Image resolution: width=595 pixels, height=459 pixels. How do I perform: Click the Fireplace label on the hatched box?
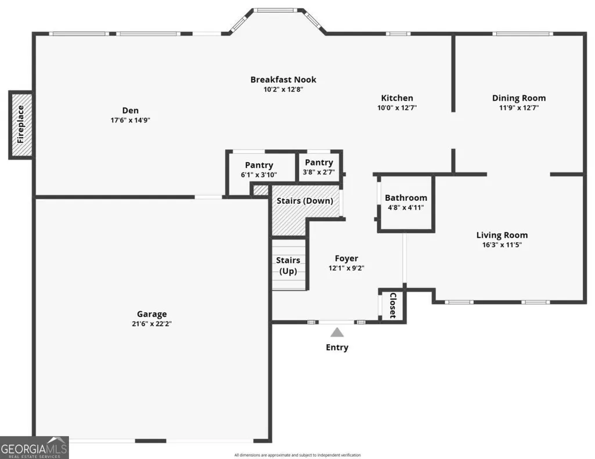pos(21,124)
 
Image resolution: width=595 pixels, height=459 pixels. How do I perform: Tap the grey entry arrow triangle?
pos(337,332)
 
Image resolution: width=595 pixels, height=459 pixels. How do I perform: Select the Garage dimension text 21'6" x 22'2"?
pos(152,324)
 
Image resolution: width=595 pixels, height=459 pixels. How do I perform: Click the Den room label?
pos(130,110)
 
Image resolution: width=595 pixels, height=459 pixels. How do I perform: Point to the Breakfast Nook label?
pos(283,79)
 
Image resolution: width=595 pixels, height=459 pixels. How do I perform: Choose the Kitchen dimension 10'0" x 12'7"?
pos(397,108)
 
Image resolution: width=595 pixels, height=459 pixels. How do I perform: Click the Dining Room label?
pos(519,98)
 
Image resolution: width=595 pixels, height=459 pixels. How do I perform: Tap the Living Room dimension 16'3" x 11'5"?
pos(502,245)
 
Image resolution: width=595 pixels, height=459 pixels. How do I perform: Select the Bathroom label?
pos(406,198)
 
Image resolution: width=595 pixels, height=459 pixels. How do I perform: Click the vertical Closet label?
pos(393,305)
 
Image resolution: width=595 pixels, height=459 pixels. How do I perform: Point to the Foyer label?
pos(347,258)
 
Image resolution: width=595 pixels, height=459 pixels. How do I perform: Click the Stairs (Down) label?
pos(305,201)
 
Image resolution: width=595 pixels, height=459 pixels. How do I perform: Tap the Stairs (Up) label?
pos(288,266)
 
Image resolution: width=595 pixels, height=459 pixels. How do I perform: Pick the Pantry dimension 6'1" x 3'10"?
pos(259,175)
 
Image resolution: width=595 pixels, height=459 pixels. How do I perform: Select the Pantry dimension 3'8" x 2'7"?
pos(319,172)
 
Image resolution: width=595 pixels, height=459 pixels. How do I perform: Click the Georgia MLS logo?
pos(34,447)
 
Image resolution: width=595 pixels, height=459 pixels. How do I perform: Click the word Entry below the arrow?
pos(337,348)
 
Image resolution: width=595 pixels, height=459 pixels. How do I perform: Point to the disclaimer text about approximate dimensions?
pos(297,455)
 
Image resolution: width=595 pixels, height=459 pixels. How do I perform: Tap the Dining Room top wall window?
pos(522,34)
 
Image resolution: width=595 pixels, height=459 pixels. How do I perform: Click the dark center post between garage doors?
pos(151,441)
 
